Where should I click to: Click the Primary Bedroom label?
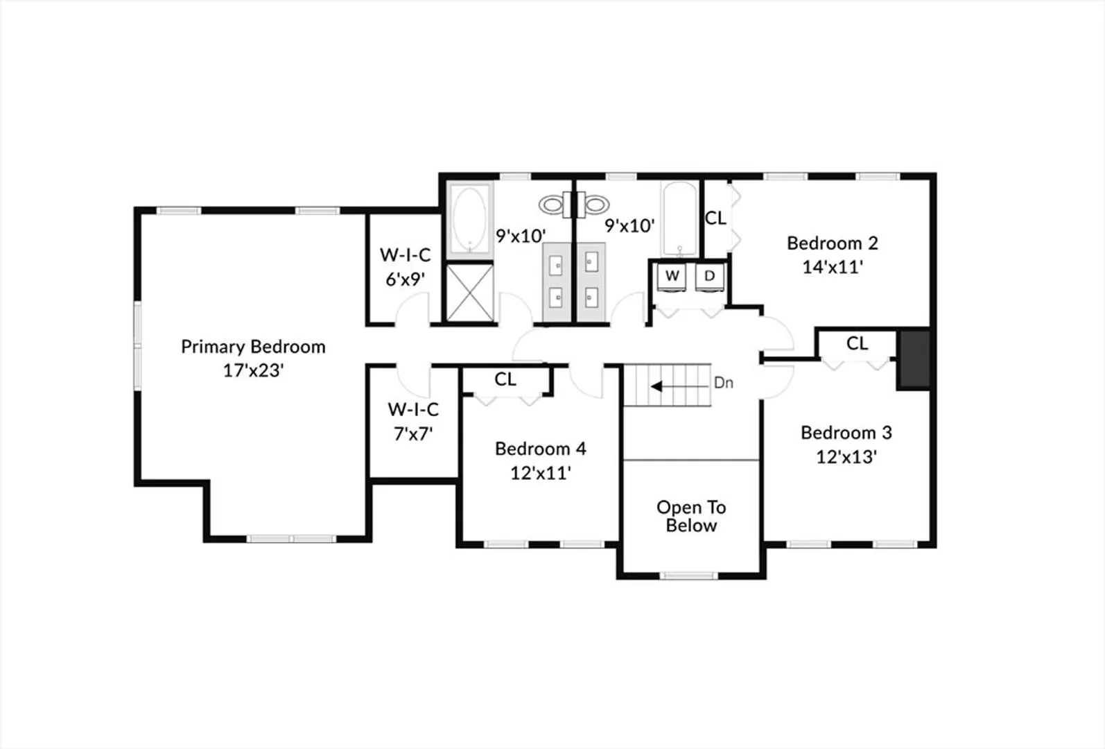(x=253, y=347)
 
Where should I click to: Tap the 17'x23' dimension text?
(x=253, y=370)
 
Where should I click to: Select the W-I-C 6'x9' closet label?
(x=405, y=267)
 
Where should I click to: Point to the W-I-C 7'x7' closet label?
(x=413, y=422)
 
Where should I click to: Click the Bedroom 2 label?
(x=832, y=243)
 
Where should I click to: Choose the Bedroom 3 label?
(x=846, y=433)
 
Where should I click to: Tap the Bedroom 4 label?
(x=540, y=449)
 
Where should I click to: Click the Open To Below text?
(x=691, y=516)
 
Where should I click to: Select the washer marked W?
(x=672, y=277)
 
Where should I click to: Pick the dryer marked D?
(x=709, y=277)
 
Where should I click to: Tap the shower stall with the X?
(x=469, y=293)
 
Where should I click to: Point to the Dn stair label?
(x=723, y=383)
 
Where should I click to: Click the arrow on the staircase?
(x=681, y=386)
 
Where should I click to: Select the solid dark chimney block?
(x=916, y=359)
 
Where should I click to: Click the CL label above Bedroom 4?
(x=505, y=379)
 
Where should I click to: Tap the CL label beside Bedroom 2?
(x=715, y=218)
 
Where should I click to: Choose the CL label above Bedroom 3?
(x=857, y=343)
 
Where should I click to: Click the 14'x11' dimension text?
(x=832, y=267)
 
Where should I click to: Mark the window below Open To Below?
(x=689, y=576)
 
